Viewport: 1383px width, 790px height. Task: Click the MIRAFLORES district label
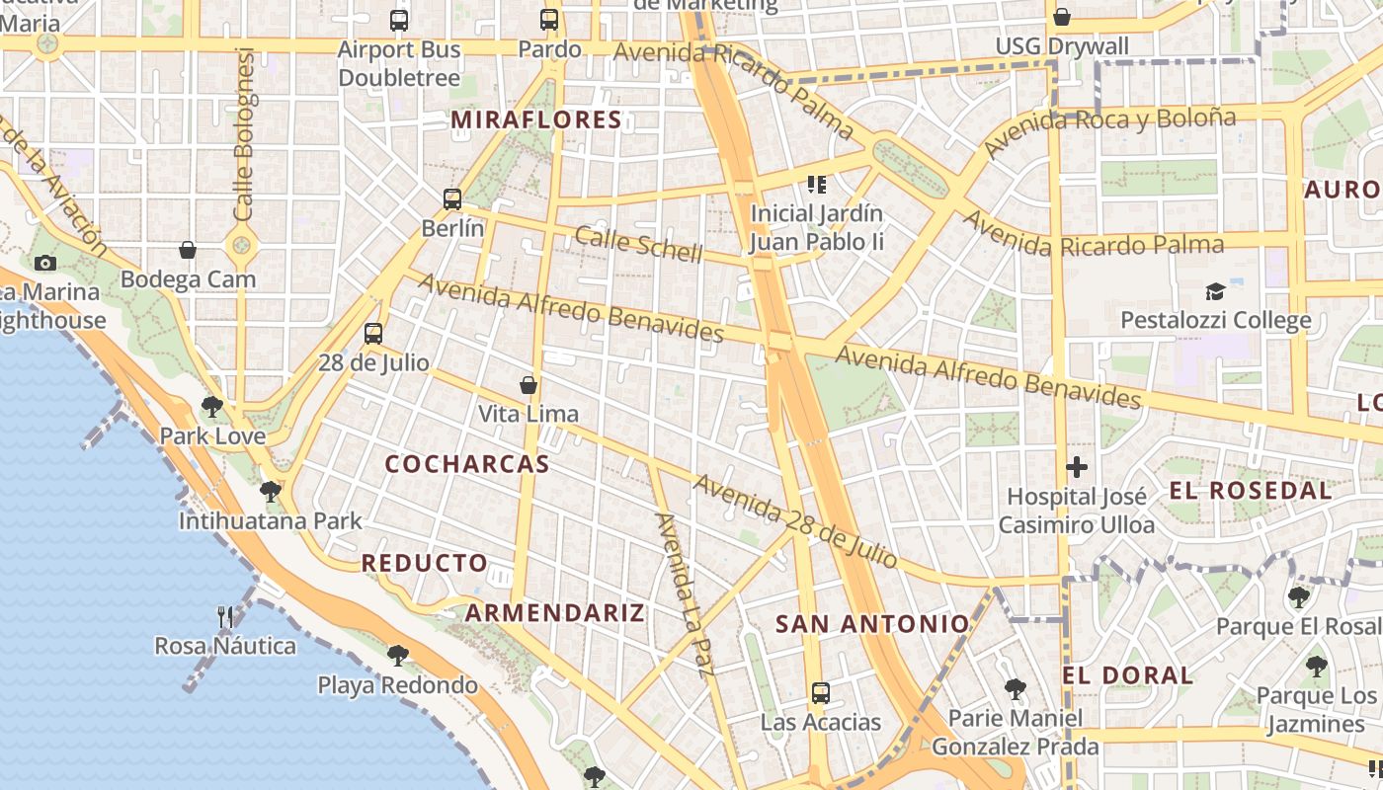536,120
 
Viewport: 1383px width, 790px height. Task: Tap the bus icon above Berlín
452,199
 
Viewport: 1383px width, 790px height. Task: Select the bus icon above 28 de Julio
372,334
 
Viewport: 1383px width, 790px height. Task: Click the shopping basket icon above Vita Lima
529,385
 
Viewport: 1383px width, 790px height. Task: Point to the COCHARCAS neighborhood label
466,464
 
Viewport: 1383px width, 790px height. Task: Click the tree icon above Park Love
211,406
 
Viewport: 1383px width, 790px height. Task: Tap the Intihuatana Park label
270,520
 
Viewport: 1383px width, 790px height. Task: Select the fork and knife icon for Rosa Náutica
225,617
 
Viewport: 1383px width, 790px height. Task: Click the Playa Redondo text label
397,684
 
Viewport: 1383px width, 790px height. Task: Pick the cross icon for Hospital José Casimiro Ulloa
1077,467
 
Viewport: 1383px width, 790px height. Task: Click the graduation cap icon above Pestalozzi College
1215,291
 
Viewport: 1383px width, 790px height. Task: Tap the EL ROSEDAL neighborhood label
1250,490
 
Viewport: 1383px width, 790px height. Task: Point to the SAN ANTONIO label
872,624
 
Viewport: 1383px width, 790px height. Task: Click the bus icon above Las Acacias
820,692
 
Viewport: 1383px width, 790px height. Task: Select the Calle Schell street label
638,244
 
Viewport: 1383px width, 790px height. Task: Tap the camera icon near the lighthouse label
44,263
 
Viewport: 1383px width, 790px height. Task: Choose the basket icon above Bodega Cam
188,251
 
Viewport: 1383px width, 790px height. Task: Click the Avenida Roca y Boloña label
1109,131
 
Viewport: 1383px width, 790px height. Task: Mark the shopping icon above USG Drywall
1062,17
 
